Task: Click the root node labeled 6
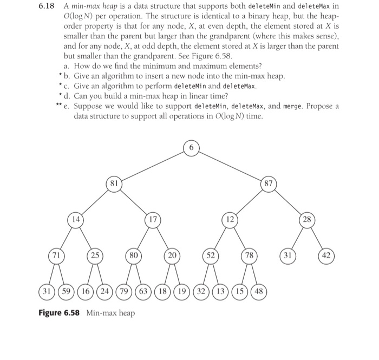(x=191, y=147)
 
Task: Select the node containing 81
(x=113, y=183)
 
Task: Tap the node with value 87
(x=268, y=183)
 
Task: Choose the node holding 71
(x=55, y=254)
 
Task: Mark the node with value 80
(x=132, y=254)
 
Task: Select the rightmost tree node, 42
(x=326, y=254)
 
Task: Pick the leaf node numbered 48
(x=258, y=290)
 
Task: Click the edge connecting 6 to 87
(x=230, y=165)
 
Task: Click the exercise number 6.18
(x=48, y=6)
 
